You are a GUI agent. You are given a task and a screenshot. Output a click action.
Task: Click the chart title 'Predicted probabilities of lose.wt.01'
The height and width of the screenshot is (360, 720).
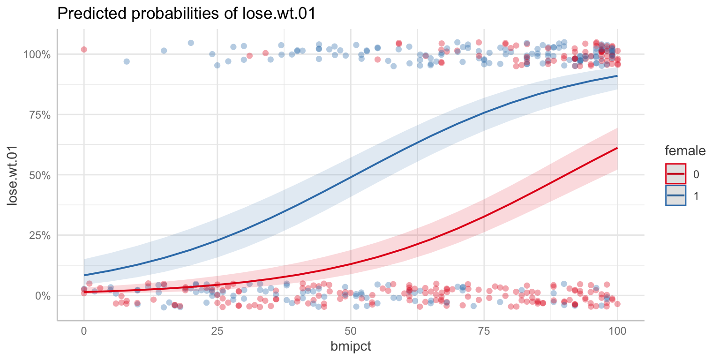click(x=186, y=14)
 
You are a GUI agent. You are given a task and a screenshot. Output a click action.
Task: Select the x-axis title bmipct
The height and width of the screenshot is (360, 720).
click(x=350, y=347)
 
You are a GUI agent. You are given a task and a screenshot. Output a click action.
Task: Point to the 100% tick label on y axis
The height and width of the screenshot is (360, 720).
click(x=37, y=54)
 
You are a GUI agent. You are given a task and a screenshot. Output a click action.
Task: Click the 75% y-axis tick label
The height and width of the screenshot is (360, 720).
click(x=39, y=115)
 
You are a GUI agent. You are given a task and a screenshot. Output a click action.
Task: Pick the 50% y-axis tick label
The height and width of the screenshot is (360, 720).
click(x=39, y=175)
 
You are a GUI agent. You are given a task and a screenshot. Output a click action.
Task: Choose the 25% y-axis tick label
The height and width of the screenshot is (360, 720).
click(x=39, y=235)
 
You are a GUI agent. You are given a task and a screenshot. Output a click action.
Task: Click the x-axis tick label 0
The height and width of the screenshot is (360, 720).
click(x=84, y=331)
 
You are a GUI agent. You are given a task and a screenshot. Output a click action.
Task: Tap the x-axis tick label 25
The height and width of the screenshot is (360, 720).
click(x=217, y=331)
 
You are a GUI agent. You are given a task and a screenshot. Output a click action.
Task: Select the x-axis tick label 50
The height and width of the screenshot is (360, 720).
click(x=351, y=331)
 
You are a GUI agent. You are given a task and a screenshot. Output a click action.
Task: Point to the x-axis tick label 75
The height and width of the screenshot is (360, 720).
click(x=484, y=331)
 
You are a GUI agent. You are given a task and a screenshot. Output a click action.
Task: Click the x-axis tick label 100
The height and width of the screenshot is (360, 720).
click(x=617, y=331)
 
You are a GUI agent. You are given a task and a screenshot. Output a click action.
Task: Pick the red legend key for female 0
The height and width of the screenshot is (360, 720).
click(x=676, y=174)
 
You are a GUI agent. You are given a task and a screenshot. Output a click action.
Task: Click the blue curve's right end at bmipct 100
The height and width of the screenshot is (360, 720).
click(x=617, y=75)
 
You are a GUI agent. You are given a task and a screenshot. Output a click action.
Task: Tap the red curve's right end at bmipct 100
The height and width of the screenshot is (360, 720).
click(x=617, y=148)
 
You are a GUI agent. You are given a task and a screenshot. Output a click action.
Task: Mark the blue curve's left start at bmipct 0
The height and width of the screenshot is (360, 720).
click(x=84, y=275)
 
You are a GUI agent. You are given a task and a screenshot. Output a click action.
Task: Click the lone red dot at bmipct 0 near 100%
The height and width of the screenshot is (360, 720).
click(x=84, y=49)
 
